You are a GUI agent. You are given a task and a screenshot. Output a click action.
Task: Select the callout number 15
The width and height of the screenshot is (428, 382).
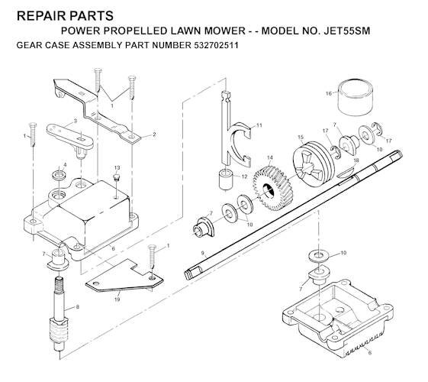click(301, 138)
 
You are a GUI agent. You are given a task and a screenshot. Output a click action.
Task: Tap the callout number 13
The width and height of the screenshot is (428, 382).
click(117, 167)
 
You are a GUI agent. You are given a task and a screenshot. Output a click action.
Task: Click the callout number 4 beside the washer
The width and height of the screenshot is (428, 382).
click(64, 165)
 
